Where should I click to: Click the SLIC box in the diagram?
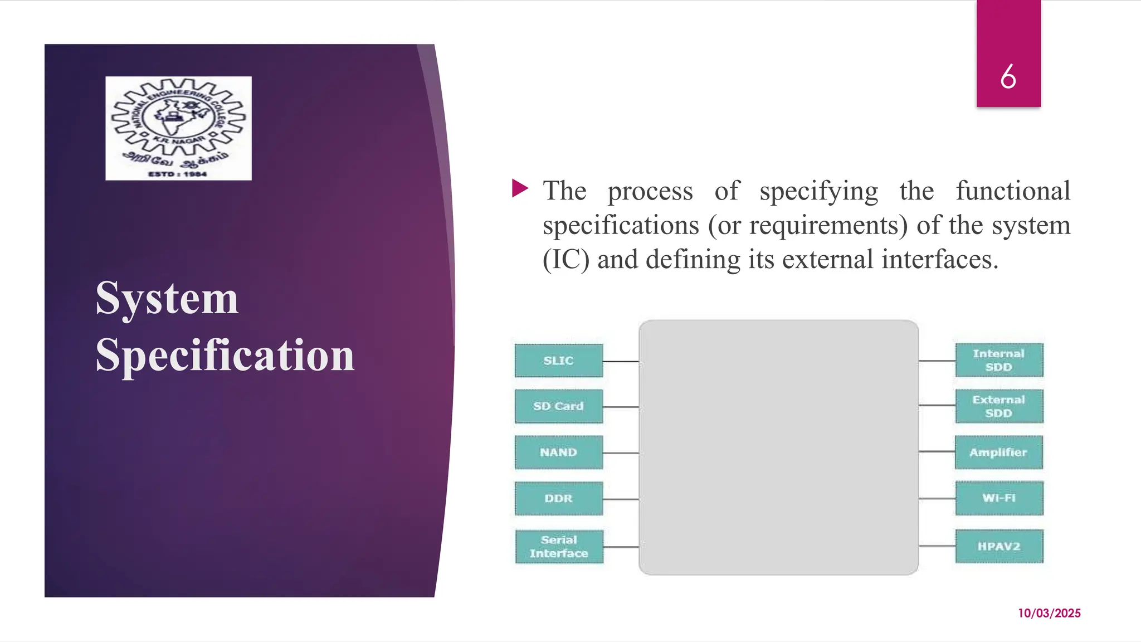coord(558,361)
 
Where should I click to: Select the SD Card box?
coord(558,406)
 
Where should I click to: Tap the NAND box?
coord(558,453)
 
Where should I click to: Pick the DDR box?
coord(558,498)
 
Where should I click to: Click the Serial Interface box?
coord(559,547)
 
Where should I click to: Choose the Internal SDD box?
coord(999,360)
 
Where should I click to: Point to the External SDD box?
coord(999,406)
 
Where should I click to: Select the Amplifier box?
coord(998,453)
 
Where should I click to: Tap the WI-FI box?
coord(999,498)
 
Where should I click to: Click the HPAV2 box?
coord(999,546)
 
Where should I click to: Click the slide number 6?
coord(1008,76)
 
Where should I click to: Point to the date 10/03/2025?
coord(1049,613)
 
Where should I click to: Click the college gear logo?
coord(178,128)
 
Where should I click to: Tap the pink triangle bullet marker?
coord(519,188)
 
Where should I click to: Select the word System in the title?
coord(167,298)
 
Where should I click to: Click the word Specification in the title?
coord(225,355)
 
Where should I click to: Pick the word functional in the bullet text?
coord(1013,191)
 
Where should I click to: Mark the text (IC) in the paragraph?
coord(565,260)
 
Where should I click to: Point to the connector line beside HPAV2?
coord(937,546)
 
